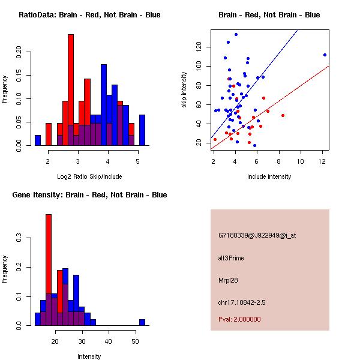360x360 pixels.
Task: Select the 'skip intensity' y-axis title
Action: click(x=185, y=90)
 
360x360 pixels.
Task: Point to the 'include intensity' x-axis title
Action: click(x=269, y=176)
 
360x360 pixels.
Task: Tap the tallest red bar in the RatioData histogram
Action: click(x=71, y=90)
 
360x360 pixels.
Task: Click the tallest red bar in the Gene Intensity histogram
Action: click(x=49, y=270)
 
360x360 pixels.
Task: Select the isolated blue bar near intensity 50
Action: click(x=142, y=322)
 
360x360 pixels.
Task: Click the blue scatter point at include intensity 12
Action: click(x=325, y=55)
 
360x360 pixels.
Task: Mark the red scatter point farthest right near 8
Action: click(x=283, y=115)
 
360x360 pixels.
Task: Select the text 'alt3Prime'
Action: click(x=231, y=258)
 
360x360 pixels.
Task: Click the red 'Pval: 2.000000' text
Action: click(x=239, y=319)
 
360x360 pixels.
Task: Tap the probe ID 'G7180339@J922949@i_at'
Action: click(x=257, y=235)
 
